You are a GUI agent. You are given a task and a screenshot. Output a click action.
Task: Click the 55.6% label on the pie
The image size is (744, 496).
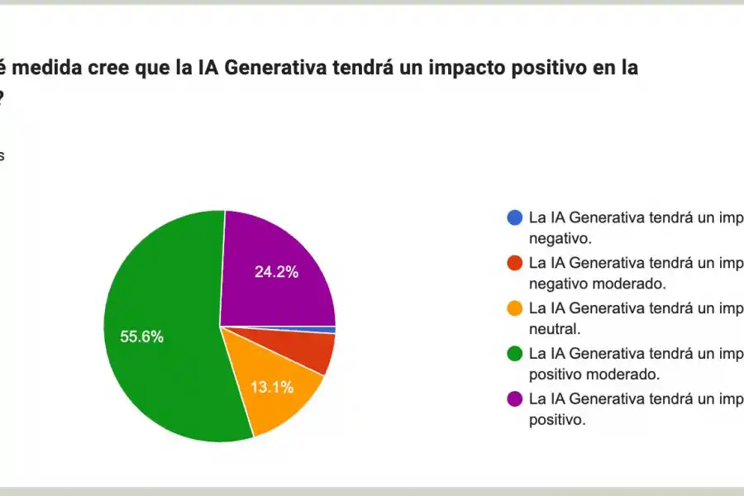click(141, 336)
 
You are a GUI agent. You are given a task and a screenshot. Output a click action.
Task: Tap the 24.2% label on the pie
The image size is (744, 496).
click(276, 271)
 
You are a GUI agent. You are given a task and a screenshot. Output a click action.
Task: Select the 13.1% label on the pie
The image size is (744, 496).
click(272, 387)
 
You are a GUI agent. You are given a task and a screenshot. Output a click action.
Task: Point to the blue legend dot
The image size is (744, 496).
click(514, 218)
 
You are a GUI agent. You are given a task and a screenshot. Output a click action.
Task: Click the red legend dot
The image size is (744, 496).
click(514, 263)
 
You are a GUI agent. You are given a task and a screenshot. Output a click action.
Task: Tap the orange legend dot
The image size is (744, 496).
click(514, 308)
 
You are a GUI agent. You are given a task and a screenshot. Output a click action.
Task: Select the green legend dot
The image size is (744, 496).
click(514, 354)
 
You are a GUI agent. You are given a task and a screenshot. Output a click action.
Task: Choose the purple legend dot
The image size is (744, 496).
click(514, 398)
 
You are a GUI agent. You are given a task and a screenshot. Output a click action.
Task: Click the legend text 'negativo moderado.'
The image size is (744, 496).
click(597, 284)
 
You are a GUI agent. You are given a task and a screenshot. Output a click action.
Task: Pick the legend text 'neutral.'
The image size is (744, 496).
click(554, 329)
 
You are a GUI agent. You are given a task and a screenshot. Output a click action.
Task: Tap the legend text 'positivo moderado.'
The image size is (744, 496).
click(594, 374)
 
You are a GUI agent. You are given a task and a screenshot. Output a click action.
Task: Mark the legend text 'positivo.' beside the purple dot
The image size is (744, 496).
click(557, 419)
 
